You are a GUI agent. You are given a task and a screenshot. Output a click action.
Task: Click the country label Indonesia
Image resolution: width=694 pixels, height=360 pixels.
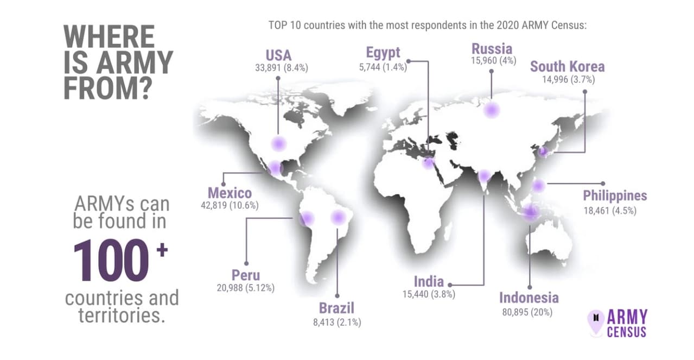tap(529, 298)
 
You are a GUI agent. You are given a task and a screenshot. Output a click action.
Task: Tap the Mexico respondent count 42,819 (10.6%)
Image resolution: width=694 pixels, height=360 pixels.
tap(230, 206)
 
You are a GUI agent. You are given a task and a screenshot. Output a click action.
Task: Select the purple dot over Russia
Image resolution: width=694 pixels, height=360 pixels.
tap(492, 110)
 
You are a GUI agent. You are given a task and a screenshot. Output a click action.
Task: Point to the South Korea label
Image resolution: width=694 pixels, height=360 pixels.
tap(567, 67)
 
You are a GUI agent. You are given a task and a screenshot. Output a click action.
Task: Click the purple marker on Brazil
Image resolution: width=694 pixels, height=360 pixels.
tap(338, 217)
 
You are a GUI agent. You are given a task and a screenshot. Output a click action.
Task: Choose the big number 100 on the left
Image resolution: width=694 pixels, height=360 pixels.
tap(111, 260)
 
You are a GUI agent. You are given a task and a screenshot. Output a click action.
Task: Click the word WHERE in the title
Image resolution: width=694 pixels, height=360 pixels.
tap(109, 36)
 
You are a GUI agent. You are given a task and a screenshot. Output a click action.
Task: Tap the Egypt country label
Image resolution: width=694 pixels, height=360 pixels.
tap(383, 53)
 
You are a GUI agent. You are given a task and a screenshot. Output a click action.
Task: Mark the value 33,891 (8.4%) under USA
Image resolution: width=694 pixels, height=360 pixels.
tap(282, 68)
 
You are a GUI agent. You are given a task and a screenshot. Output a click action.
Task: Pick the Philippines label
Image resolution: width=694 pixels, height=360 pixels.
tap(615, 196)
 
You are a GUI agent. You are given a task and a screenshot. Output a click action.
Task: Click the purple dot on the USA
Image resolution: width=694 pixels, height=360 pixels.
tap(278, 143)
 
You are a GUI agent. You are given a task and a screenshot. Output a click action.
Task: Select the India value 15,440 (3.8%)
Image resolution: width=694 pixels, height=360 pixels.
tap(429, 294)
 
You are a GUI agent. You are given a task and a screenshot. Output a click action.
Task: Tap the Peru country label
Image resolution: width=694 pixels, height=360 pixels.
tap(246, 275)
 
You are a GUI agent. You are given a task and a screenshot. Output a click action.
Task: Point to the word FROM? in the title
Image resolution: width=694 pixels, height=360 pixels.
tap(108, 89)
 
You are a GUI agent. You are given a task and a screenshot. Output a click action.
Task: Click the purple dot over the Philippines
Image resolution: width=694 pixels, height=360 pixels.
tap(538, 186)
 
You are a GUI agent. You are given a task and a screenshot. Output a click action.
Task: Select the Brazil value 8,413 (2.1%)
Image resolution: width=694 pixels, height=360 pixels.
tap(337, 323)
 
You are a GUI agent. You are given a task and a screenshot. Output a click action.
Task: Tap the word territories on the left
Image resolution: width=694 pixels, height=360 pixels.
tap(121, 315)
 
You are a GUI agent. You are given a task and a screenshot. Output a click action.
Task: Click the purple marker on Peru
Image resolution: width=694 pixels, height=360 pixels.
tap(307, 218)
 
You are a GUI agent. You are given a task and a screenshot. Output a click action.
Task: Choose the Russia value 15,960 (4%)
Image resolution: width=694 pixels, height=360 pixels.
tap(494, 60)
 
